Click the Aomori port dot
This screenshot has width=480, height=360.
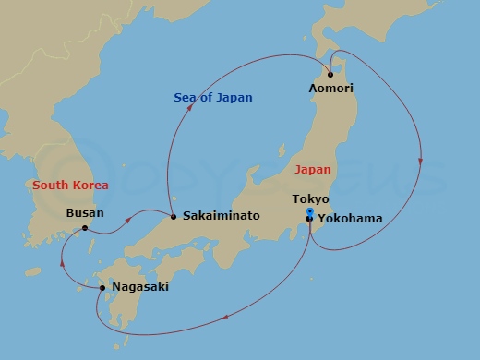(330, 74)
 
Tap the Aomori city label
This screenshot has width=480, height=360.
(331, 89)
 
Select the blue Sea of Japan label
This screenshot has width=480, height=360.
(213, 98)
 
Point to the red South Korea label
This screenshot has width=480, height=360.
(70, 186)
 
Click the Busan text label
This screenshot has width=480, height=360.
(86, 212)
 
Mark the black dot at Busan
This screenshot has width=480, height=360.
(85, 228)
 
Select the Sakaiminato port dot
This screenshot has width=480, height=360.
(173, 216)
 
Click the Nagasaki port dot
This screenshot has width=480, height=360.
(102, 288)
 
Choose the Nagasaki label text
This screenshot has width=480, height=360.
(139, 287)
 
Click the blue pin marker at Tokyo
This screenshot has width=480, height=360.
(309, 212)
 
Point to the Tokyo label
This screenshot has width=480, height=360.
(310, 199)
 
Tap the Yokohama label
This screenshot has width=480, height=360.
(350, 219)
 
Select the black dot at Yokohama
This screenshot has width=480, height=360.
(309, 219)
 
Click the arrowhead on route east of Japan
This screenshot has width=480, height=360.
(420, 162)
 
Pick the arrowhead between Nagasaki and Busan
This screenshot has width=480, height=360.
(62, 261)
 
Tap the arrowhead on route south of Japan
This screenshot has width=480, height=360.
(224, 320)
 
